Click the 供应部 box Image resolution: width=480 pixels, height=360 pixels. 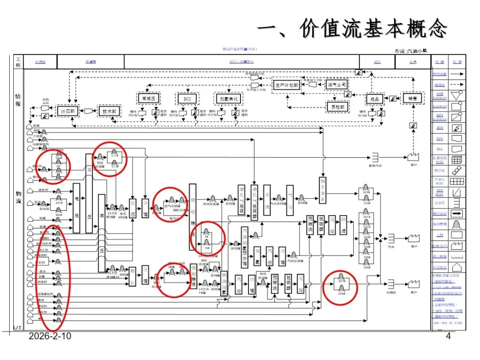pos(68,111)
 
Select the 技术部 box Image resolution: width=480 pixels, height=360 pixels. pos(108,111)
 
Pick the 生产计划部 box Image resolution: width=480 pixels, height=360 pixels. pos(287,84)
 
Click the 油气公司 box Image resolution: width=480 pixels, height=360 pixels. pos(337,84)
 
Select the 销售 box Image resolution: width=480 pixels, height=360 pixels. pos(412,98)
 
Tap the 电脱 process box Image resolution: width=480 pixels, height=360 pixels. pos(76,208)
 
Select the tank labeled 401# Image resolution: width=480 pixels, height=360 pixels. pos(58,202)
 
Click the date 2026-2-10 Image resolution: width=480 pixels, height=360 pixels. pos(50,336)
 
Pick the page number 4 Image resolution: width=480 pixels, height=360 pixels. pos(448,336)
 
